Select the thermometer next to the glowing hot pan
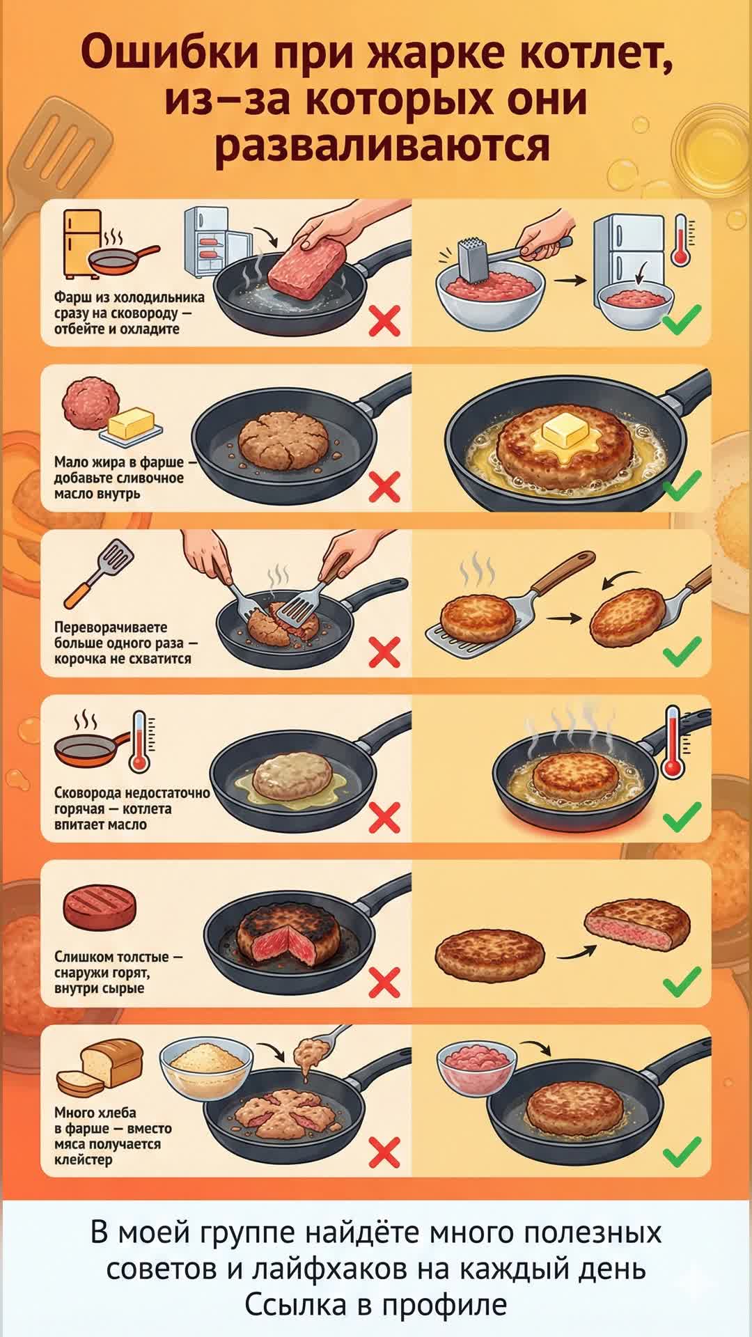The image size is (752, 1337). (x=672, y=742)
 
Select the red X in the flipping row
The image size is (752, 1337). (x=384, y=652)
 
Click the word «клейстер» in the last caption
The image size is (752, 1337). (x=83, y=1160)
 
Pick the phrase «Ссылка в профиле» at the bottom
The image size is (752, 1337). (x=376, y=1304)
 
